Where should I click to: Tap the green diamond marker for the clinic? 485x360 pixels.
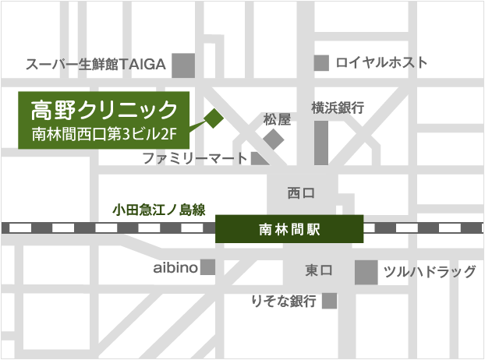(213, 118)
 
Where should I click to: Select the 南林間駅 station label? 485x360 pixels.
(289, 229)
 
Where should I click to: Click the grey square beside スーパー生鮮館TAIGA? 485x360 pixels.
(183, 65)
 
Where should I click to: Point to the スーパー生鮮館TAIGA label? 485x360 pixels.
(96, 65)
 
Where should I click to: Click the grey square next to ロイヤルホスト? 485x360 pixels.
(320, 62)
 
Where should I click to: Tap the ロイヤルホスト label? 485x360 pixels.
(382, 62)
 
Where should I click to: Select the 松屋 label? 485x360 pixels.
(276, 119)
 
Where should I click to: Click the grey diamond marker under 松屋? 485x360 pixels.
(274, 139)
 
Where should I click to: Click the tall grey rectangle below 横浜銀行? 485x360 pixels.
(321, 140)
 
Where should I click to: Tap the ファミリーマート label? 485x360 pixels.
(194, 158)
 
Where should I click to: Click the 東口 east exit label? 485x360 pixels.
(318, 270)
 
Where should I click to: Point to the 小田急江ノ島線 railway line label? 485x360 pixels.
(158, 209)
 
